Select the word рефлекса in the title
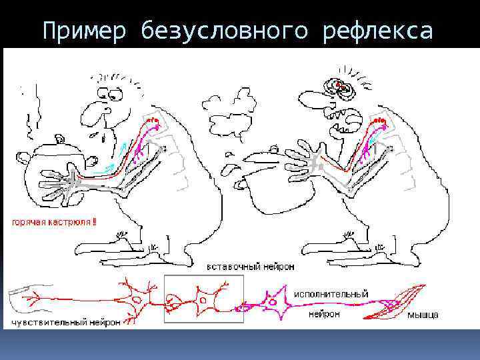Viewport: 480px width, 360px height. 377,31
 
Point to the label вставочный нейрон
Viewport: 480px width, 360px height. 250,266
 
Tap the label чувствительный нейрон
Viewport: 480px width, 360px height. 65,323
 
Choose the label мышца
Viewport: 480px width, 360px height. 423,315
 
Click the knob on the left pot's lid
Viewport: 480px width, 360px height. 61,139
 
